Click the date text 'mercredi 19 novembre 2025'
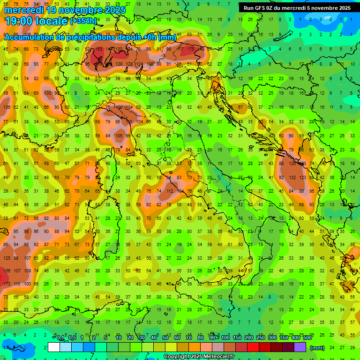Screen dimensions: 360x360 (65, 10)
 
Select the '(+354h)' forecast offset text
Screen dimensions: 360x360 (83, 21)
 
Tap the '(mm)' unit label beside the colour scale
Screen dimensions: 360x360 (317, 348)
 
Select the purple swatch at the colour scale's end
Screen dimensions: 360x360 (300, 347)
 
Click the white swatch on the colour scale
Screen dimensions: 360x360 (54, 347)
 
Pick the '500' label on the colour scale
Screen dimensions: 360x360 (307, 338)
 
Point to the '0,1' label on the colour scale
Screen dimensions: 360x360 (60, 338)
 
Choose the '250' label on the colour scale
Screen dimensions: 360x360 (261, 338)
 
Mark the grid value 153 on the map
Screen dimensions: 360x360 (99, 49)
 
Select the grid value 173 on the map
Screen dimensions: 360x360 (7, 284)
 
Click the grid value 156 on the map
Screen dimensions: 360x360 (7, 271)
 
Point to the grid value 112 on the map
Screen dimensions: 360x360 (170, 191)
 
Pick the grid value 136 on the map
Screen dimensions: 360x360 (7, 107)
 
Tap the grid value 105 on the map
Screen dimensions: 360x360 (119, 136)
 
